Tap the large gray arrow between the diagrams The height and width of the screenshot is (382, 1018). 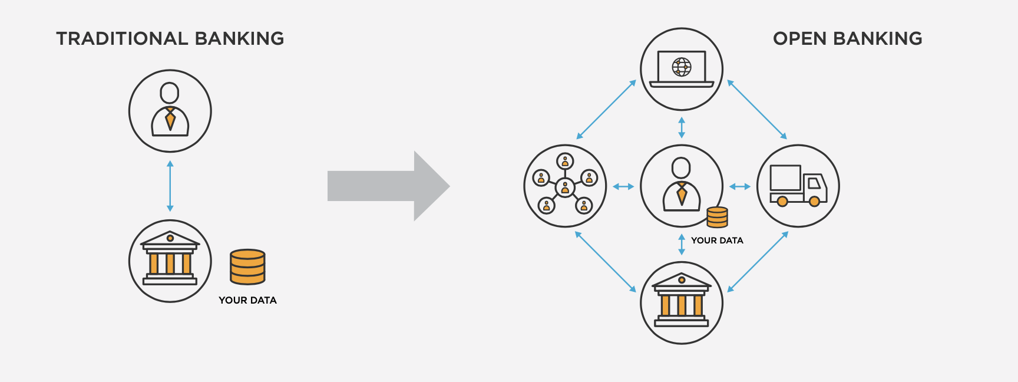pos(388,186)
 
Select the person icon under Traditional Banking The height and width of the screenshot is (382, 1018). pos(170,111)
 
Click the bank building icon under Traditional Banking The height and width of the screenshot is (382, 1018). pos(170,261)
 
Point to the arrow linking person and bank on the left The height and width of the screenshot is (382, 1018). pos(170,186)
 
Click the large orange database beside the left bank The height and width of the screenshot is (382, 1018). pos(247,266)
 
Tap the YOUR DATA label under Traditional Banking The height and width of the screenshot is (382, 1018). pos(247,300)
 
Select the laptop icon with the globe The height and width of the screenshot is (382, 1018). pos(682,69)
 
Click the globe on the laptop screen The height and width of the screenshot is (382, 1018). pos(682,67)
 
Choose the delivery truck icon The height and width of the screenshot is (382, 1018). pos(798,186)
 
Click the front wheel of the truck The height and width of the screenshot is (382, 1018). pos(814,202)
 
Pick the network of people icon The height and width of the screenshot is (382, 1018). pos(565,186)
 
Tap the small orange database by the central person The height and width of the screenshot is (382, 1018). pos(717,217)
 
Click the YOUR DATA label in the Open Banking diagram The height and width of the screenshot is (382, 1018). pos(717,241)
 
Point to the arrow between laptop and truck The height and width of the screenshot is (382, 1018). pos(757,110)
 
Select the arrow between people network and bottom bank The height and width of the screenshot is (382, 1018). pos(606,262)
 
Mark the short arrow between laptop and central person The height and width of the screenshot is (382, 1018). pos(682,127)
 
